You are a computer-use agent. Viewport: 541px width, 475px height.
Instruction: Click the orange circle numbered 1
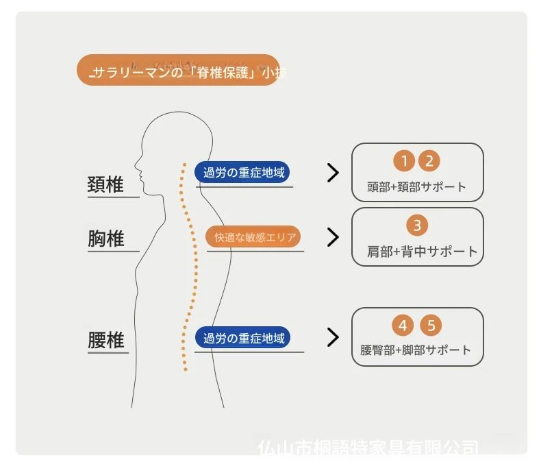[405, 161]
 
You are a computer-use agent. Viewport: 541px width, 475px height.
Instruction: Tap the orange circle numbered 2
[429, 161]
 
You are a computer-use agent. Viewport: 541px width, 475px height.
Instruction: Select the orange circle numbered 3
[417, 225]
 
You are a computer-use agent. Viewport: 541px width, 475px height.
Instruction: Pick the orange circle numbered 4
[403, 325]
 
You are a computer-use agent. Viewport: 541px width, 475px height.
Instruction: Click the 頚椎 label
[106, 184]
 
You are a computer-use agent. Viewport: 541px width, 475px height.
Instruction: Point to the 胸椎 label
[106, 239]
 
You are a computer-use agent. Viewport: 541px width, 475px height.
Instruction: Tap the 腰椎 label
[106, 340]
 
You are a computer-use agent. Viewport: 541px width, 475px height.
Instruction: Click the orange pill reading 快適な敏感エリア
[254, 237]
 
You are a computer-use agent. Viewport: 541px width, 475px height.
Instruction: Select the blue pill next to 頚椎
[244, 173]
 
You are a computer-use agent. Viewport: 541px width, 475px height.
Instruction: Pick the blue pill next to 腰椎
[242, 339]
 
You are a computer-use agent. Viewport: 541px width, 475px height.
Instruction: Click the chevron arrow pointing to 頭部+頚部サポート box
[333, 173]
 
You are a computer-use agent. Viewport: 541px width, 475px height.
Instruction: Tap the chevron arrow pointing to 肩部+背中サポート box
[333, 237]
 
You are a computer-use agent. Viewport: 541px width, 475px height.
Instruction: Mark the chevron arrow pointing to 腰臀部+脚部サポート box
[333, 337]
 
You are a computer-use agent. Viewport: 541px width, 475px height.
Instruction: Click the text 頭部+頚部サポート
[417, 186]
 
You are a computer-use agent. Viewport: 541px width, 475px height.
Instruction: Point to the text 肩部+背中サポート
[422, 251]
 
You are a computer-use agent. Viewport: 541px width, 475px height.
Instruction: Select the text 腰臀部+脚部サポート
[416, 350]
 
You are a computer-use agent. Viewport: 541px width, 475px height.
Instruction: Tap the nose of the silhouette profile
[135, 165]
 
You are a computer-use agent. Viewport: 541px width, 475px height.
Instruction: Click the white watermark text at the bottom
[368, 449]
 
